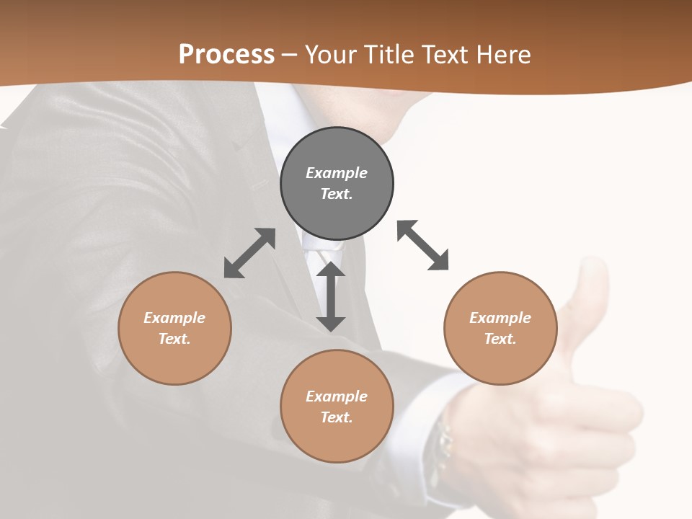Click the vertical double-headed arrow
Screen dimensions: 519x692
[331, 296]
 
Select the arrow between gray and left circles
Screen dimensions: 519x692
[249, 253]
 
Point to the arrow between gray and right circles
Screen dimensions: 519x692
[423, 245]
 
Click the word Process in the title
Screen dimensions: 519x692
[226, 55]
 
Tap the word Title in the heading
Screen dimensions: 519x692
[388, 55]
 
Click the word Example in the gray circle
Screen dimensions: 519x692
[337, 173]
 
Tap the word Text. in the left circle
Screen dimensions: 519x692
[174, 339]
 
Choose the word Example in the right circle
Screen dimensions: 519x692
[500, 318]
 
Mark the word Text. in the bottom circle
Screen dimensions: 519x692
[337, 417]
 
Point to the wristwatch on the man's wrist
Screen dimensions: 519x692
[441, 447]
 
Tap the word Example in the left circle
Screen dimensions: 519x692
[174, 318]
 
